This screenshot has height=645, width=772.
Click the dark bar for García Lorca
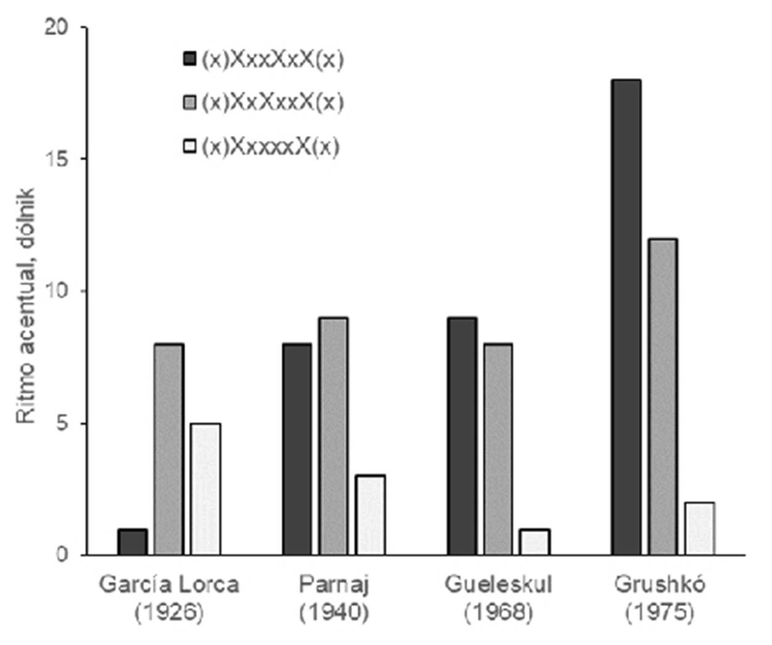point(132,542)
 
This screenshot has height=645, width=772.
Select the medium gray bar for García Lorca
point(169,449)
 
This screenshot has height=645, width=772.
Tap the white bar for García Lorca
point(206,489)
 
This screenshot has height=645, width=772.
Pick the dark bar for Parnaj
point(297,449)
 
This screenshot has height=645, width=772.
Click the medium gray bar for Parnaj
point(334,436)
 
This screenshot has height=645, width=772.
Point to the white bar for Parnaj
point(370,515)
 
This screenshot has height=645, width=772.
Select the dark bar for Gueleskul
point(462,436)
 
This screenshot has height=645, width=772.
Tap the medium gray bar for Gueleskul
point(498,449)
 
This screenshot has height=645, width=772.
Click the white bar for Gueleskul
point(535,542)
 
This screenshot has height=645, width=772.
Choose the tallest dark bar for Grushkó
point(626,317)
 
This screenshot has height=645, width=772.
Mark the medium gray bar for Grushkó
point(663,397)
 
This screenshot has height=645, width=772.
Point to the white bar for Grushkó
point(700,528)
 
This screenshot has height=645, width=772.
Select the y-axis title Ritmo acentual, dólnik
point(26,306)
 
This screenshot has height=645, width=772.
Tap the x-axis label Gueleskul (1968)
point(498,597)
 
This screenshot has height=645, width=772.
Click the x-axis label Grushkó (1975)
point(660,597)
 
